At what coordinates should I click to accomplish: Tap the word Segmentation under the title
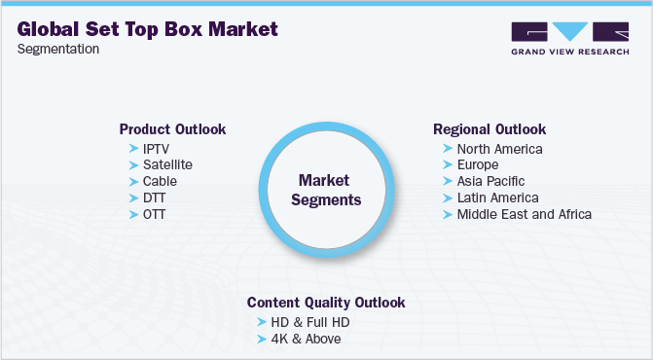pos(57,50)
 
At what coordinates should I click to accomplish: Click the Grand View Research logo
pos(568,38)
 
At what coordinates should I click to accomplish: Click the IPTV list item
pos(157,148)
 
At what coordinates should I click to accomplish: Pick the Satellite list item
pos(167,164)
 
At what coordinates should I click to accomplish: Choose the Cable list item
pos(160,181)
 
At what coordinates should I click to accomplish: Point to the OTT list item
pos(155,213)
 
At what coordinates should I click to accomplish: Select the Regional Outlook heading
pos(490,128)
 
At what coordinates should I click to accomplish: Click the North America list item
pos(499,149)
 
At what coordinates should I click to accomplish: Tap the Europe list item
pos(478,165)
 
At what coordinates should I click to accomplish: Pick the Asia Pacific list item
pos(490,181)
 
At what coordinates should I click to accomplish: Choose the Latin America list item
pos(496,198)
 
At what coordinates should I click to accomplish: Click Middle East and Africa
pos(524,214)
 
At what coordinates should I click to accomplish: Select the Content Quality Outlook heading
pos(326,302)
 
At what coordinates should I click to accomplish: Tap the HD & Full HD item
pos(308,322)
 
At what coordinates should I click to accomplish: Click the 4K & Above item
pos(305,339)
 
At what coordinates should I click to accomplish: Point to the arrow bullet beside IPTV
pos(133,148)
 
